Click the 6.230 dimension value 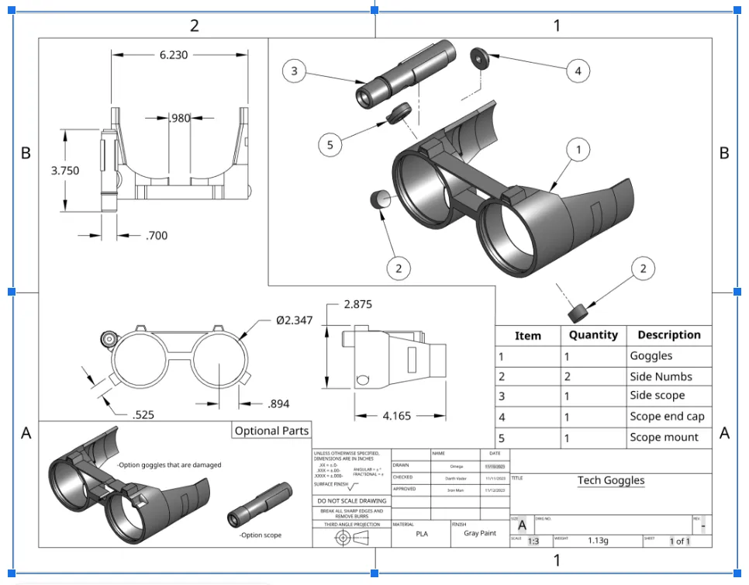point(173,55)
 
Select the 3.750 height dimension point(65,171)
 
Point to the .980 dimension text point(179,118)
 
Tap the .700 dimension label point(156,235)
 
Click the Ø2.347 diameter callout point(295,320)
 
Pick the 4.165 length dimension point(396,416)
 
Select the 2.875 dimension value point(357,304)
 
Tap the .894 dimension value point(279,403)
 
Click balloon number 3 point(294,71)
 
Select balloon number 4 point(578,71)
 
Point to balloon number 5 point(330,144)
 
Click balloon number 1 point(578,149)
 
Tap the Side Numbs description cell point(661,376)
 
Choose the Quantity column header point(593,335)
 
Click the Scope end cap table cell point(667,417)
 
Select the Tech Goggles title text point(611,480)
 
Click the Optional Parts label point(271,431)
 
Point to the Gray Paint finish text point(479,533)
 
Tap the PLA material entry point(421,534)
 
